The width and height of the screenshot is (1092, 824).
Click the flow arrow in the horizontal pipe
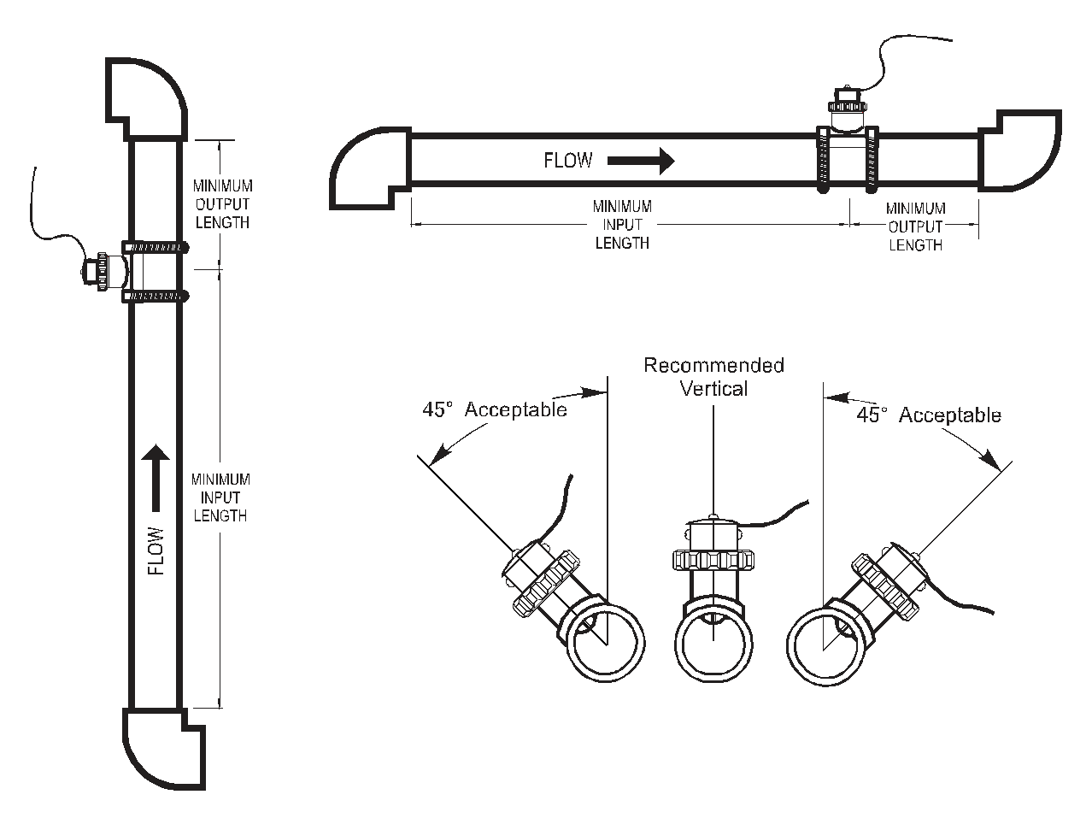pos(641,160)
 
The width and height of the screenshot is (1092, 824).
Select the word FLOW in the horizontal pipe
pos(568,161)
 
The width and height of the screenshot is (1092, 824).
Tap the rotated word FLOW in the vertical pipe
pos(156,550)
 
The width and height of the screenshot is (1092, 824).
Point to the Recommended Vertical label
pos(713,377)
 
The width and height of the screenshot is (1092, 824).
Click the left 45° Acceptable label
pos(494,409)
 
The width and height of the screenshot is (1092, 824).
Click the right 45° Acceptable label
pos(929,415)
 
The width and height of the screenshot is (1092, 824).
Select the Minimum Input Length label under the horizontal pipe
pos(622,225)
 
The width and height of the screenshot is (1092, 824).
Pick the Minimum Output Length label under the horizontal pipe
pos(915,227)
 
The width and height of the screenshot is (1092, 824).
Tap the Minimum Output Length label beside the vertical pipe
pos(222,204)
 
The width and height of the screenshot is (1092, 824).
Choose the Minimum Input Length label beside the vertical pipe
pos(220,497)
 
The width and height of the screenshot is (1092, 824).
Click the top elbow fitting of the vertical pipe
pos(145,96)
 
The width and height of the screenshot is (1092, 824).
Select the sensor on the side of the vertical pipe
pos(103,272)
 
